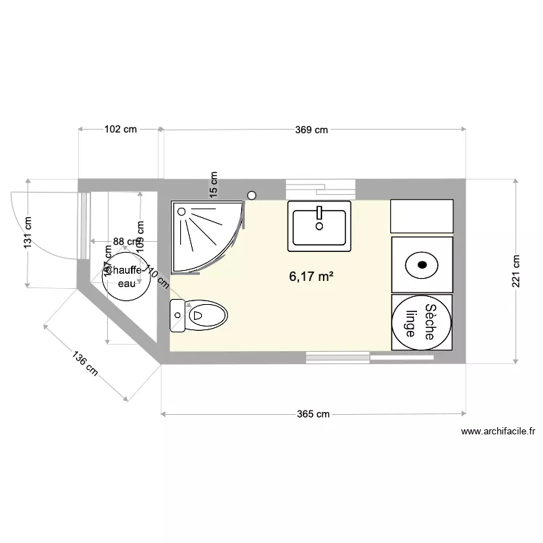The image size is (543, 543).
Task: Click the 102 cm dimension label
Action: [x=120, y=130]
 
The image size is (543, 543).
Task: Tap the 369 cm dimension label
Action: [x=311, y=130]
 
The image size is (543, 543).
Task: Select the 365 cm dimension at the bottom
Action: [x=313, y=414]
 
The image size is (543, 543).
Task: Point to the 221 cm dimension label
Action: [x=516, y=271]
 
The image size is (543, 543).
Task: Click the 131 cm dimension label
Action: [x=28, y=233]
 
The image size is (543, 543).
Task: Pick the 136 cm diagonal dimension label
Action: [x=85, y=363]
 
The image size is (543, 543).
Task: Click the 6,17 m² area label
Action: [x=311, y=276]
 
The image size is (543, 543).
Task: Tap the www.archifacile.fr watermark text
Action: [x=497, y=432]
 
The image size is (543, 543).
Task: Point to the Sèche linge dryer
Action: [x=422, y=322]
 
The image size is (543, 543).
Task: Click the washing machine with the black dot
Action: [x=422, y=264]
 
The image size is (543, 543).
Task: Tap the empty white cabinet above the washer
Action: [x=422, y=216]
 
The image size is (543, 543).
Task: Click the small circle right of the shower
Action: [x=252, y=195]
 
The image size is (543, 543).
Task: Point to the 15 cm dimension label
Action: [x=213, y=184]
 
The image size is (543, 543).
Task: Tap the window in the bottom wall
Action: [x=338, y=356]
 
